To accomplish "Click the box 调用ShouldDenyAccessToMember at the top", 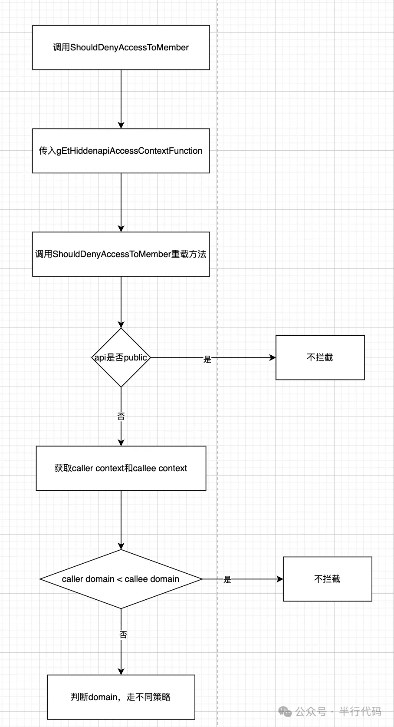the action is tap(121, 47).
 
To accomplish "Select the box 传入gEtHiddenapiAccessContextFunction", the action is tap(121, 151).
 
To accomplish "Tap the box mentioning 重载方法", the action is tap(121, 254).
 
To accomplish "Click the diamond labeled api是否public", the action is tap(121, 357).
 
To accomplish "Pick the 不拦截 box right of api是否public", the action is tap(320, 357).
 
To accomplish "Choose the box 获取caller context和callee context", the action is tap(121, 468).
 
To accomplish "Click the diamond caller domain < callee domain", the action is tap(121, 579).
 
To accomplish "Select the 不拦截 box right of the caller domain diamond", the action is tap(328, 579).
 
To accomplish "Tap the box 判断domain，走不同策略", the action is tap(121, 697).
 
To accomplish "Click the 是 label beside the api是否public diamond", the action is tap(207, 359).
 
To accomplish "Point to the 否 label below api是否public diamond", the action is tap(121, 416).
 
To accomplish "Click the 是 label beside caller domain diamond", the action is tap(227, 580).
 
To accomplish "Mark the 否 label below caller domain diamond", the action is tap(123, 635).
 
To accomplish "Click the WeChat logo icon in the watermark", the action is tap(285, 711).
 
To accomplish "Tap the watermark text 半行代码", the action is tap(360, 711).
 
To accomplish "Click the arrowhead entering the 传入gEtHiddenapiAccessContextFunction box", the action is tap(121, 125).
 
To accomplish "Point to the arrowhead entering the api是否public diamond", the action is tap(121, 324).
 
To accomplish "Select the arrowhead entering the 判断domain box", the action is tap(121, 672).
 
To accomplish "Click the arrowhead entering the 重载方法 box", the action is tap(121, 228).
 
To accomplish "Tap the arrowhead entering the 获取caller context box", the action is tap(121, 443).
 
